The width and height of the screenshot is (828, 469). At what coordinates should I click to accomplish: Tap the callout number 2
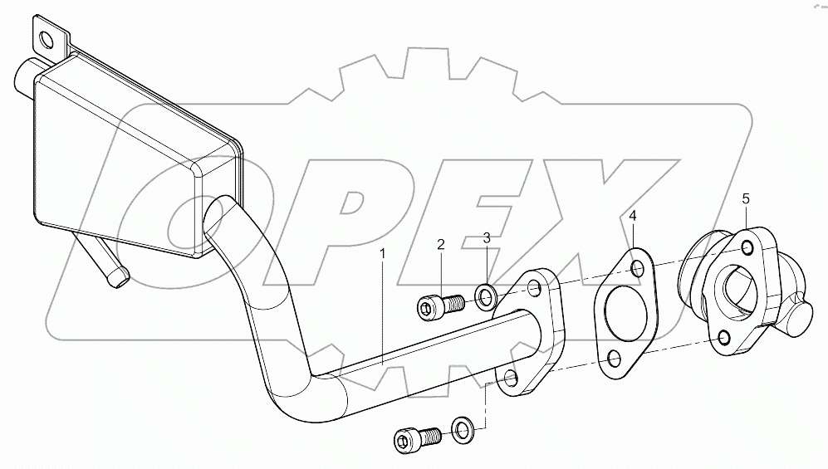point(441,244)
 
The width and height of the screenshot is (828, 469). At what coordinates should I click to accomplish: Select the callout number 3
point(487,238)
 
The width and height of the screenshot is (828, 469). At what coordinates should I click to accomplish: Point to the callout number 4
point(633,217)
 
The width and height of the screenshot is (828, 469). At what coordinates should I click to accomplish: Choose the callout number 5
point(745,198)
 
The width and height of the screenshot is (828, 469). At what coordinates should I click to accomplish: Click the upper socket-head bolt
point(438,307)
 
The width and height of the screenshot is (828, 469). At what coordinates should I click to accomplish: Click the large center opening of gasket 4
point(619,311)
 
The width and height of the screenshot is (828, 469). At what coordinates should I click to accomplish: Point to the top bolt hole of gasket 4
point(637,268)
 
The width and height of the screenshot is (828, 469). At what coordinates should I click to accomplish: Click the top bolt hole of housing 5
point(747,248)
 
